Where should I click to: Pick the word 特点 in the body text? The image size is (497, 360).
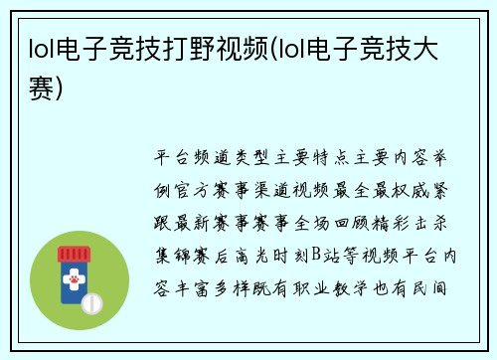pos(341,157)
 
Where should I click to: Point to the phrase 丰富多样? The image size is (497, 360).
pos(219,289)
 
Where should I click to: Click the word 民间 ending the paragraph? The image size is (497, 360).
pos(440,289)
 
